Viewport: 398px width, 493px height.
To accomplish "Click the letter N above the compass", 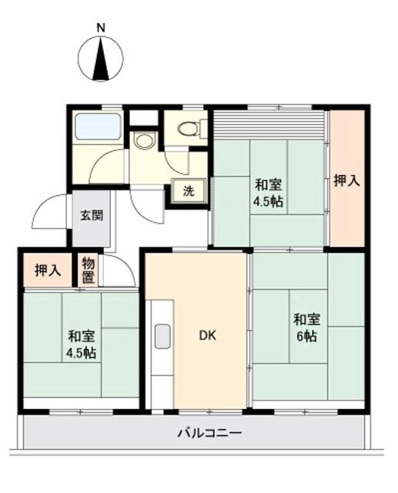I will pos(100,29).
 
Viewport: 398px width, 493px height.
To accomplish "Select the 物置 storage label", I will pos(89,270).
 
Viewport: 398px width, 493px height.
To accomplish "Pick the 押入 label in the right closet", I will pos(346,182).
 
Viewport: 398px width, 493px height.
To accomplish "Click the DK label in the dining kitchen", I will pos(207,335).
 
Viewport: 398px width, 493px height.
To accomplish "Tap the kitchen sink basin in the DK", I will pos(162,337).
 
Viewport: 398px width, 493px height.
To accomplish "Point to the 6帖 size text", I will pos(306,336).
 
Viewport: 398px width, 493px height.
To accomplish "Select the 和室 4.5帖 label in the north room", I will pos(268,193).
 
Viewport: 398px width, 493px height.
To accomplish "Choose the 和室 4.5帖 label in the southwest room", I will pos(80,344).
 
